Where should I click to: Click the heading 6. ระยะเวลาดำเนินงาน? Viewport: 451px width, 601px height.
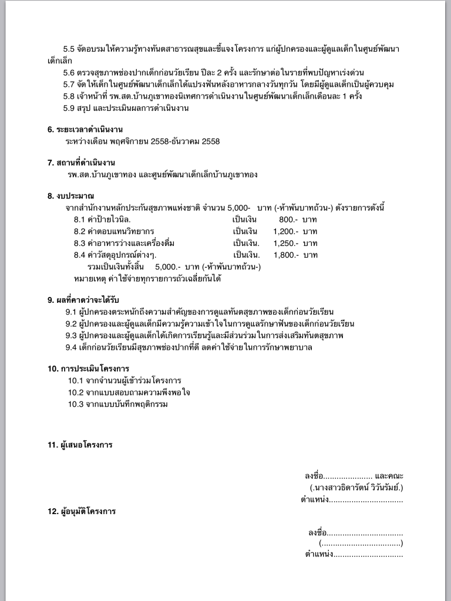click(85, 129)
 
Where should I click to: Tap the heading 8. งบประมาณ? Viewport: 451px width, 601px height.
click(71, 195)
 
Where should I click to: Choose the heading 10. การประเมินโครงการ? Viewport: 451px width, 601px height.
click(88, 369)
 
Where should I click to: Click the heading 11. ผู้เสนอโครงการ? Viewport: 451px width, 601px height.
click(80, 445)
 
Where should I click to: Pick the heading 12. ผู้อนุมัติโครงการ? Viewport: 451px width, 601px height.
click(82, 511)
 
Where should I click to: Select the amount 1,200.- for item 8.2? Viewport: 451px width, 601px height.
click(286, 231)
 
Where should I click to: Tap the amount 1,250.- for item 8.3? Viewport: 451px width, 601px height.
click(286, 243)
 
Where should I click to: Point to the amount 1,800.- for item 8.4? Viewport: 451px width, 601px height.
click(286, 255)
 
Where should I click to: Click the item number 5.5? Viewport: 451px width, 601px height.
click(69, 48)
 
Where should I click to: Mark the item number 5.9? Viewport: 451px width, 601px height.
click(69, 108)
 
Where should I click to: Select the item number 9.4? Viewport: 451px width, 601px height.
click(71, 347)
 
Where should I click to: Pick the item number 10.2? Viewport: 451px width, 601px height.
click(76, 392)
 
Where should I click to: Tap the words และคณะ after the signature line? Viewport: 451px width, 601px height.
click(389, 475)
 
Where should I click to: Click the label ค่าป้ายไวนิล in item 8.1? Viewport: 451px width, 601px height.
click(106, 219)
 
